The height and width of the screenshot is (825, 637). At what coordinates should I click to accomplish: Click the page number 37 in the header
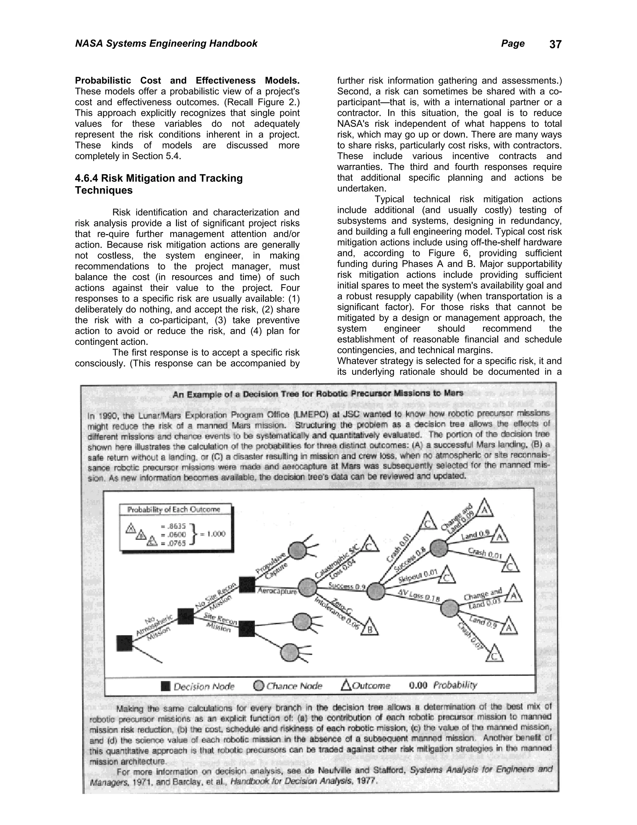(x=555, y=45)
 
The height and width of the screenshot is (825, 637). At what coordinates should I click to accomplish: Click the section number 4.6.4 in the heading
(x=86, y=178)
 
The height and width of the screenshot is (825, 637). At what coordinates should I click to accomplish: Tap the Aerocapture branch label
(x=277, y=591)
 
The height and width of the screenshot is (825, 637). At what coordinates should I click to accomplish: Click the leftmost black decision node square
(x=124, y=643)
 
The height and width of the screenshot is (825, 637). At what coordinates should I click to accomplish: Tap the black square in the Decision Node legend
(x=165, y=686)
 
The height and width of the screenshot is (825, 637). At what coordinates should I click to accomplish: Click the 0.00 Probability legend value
(x=418, y=685)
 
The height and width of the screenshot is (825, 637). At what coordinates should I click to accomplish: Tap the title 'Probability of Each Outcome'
(x=174, y=510)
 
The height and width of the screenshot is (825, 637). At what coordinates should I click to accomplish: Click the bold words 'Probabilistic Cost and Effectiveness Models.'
(x=187, y=80)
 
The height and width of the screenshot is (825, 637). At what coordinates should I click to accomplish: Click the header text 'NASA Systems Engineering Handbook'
(x=166, y=44)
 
